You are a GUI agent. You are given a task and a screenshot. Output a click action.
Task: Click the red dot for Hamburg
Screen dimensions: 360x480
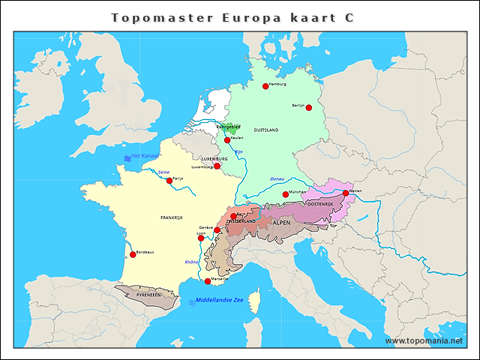(x=265, y=86)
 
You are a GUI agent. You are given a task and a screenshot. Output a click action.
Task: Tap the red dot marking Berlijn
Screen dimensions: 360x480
(x=308, y=107)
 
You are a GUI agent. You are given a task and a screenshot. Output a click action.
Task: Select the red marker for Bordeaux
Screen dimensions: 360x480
(x=133, y=254)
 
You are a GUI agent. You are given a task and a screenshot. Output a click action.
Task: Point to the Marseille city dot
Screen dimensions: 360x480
(x=208, y=281)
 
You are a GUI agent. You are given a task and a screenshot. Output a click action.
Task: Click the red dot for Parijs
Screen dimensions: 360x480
(x=169, y=180)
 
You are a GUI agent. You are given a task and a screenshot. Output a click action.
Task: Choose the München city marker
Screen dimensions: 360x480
(x=283, y=194)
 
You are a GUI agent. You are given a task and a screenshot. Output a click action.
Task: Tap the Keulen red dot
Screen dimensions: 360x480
(x=227, y=139)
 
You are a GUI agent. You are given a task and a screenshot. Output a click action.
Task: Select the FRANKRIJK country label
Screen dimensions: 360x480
(x=172, y=217)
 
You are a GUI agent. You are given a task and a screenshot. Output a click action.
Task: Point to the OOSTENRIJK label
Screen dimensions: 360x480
(x=319, y=204)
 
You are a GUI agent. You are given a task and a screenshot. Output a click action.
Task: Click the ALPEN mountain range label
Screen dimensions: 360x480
(x=281, y=223)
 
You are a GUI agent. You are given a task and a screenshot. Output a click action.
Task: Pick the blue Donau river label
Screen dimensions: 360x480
(x=277, y=179)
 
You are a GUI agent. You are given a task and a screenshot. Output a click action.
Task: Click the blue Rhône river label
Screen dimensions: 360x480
(x=192, y=262)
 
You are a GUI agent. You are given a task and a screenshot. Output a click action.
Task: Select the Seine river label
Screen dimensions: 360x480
(x=163, y=172)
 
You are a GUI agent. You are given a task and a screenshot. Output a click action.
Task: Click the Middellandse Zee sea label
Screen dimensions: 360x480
(x=220, y=301)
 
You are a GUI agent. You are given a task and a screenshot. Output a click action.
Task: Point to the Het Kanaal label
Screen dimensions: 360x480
(x=145, y=156)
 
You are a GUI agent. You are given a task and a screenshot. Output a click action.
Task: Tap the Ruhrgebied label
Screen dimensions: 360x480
(x=229, y=127)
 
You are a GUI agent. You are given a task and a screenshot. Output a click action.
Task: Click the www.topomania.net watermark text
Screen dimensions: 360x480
(x=424, y=340)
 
